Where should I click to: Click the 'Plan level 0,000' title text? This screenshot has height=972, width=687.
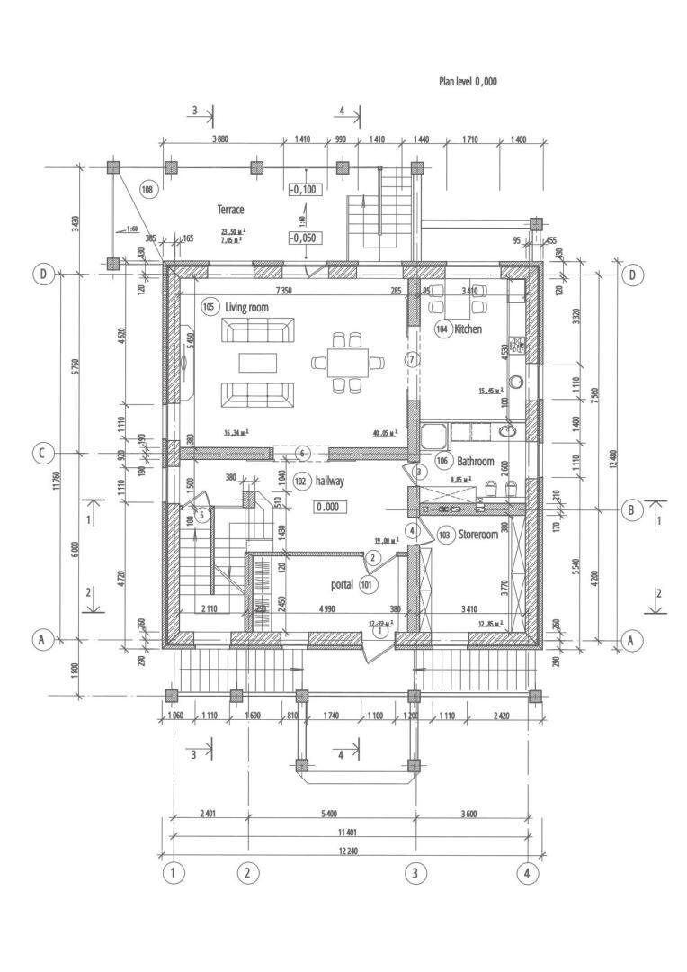point(468,82)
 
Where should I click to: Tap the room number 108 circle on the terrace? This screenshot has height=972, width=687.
point(148,189)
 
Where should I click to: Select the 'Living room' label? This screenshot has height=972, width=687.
point(247,308)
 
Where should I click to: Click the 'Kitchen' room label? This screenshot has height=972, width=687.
point(468,329)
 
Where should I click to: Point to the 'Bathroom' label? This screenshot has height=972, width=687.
point(477,462)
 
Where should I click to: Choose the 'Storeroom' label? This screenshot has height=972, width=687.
point(477,535)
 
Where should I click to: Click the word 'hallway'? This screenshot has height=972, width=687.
point(329,481)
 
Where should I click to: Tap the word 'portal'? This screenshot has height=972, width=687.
point(342,585)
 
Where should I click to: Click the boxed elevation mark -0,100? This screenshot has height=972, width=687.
point(303,190)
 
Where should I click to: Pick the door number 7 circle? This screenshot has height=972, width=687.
point(413,359)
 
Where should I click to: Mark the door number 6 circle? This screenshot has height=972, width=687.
point(303,452)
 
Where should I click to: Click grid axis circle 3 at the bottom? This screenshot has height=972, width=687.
point(415,872)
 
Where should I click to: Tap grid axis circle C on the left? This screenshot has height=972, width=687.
point(41,453)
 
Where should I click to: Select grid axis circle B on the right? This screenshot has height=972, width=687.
point(631,510)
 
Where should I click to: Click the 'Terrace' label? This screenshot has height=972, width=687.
point(230,210)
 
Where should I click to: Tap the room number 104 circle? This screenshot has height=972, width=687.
point(442,330)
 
